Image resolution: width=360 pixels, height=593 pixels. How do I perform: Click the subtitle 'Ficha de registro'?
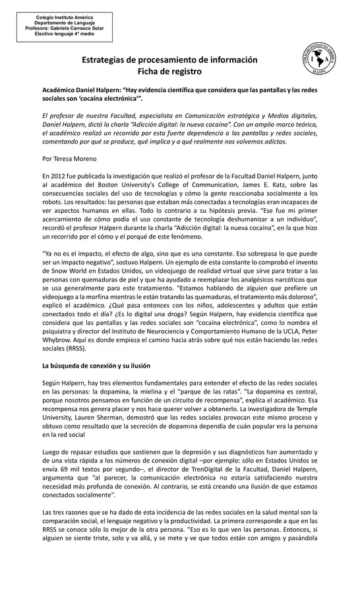click(169, 71)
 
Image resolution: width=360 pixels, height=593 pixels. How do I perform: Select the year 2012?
click(57, 177)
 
